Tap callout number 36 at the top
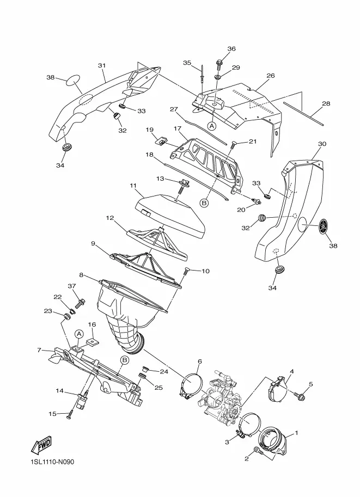[231, 48]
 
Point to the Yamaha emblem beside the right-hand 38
[323, 226]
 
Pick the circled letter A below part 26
[212, 126]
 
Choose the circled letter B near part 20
[205, 202]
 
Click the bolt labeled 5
[299, 395]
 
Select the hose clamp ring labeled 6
[191, 384]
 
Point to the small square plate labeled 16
[91, 342]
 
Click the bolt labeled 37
[80, 304]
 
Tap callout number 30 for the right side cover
[322, 144]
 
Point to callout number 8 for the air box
[82, 275]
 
